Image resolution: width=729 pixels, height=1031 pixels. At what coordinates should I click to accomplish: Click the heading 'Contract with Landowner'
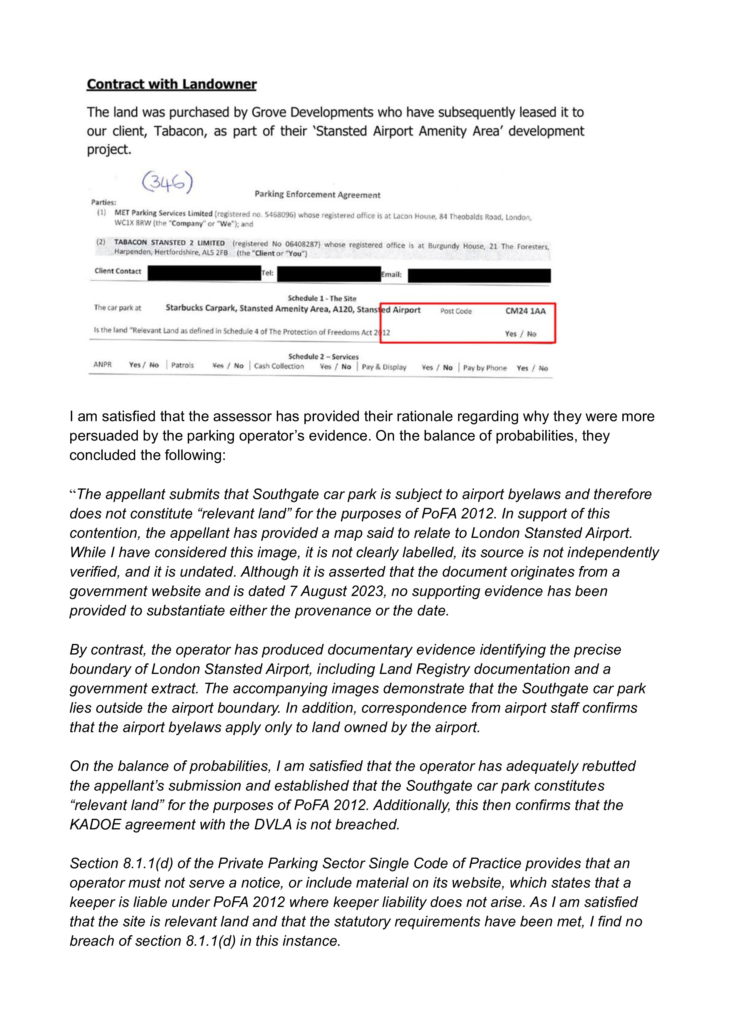(x=172, y=84)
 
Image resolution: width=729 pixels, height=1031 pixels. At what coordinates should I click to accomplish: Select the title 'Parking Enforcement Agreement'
(x=317, y=195)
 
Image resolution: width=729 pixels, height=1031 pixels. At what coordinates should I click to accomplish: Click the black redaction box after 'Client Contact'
(x=204, y=272)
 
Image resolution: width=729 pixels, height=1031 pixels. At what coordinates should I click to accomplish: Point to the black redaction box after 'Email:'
(x=479, y=275)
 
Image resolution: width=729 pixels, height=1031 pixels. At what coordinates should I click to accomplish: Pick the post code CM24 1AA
(x=525, y=311)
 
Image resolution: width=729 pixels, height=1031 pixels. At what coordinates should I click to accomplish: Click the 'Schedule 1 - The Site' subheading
(x=322, y=298)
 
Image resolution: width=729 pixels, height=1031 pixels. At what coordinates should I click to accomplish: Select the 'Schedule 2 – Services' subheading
(x=323, y=357)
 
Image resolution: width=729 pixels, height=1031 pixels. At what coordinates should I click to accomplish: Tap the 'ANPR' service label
(x=102, y=365)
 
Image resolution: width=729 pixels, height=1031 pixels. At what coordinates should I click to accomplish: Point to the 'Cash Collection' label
(x=279, y=366)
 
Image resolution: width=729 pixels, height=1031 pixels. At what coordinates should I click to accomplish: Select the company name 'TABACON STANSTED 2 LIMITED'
(x=169, y=242)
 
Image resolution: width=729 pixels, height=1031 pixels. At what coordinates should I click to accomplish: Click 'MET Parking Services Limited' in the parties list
(x=163, y=213)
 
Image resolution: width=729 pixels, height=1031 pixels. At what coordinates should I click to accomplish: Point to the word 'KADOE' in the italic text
(x=95, y=824)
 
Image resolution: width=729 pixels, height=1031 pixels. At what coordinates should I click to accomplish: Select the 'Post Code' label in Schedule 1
(x=456, y=311)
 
